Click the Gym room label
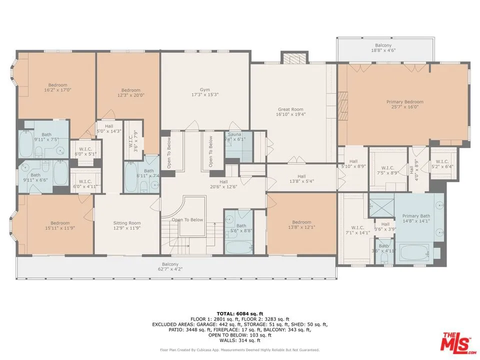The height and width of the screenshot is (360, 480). pyautogui.click(x=205, y=92)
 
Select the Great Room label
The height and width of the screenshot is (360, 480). pyautogui.click(x=290, y=111)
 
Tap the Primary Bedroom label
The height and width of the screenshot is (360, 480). pyautogui.click(x=404, y=104)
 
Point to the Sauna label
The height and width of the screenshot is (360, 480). pyautogui.click(x=234, y=137)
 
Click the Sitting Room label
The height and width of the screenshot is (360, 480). pyautogui.click(x=127, y=225)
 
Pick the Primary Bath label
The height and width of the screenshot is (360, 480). pyautogui.click(x=415, y=218)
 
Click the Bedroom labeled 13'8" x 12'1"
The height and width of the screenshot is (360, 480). pyautogui.click(x=301, y=225)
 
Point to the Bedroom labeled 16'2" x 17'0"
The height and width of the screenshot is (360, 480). pyautogui.click(x=57, y=87)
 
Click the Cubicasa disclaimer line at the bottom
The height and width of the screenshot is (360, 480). pyautogui.click(x=239, y=350)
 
